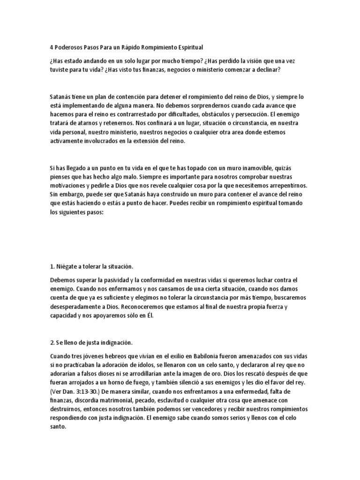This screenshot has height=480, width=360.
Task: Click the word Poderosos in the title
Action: point(70,47)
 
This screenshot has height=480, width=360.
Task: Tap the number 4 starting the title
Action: point(51,47)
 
